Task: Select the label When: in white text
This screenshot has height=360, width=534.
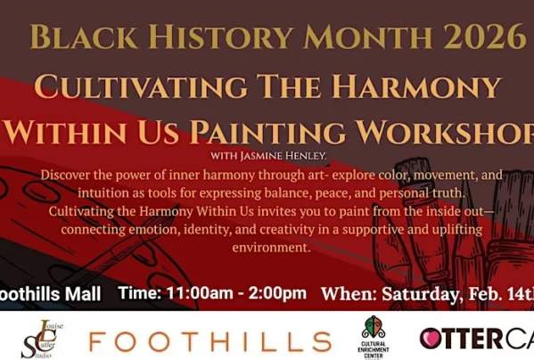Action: [347, 293]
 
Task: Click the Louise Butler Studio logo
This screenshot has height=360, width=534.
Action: [38, 340]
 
